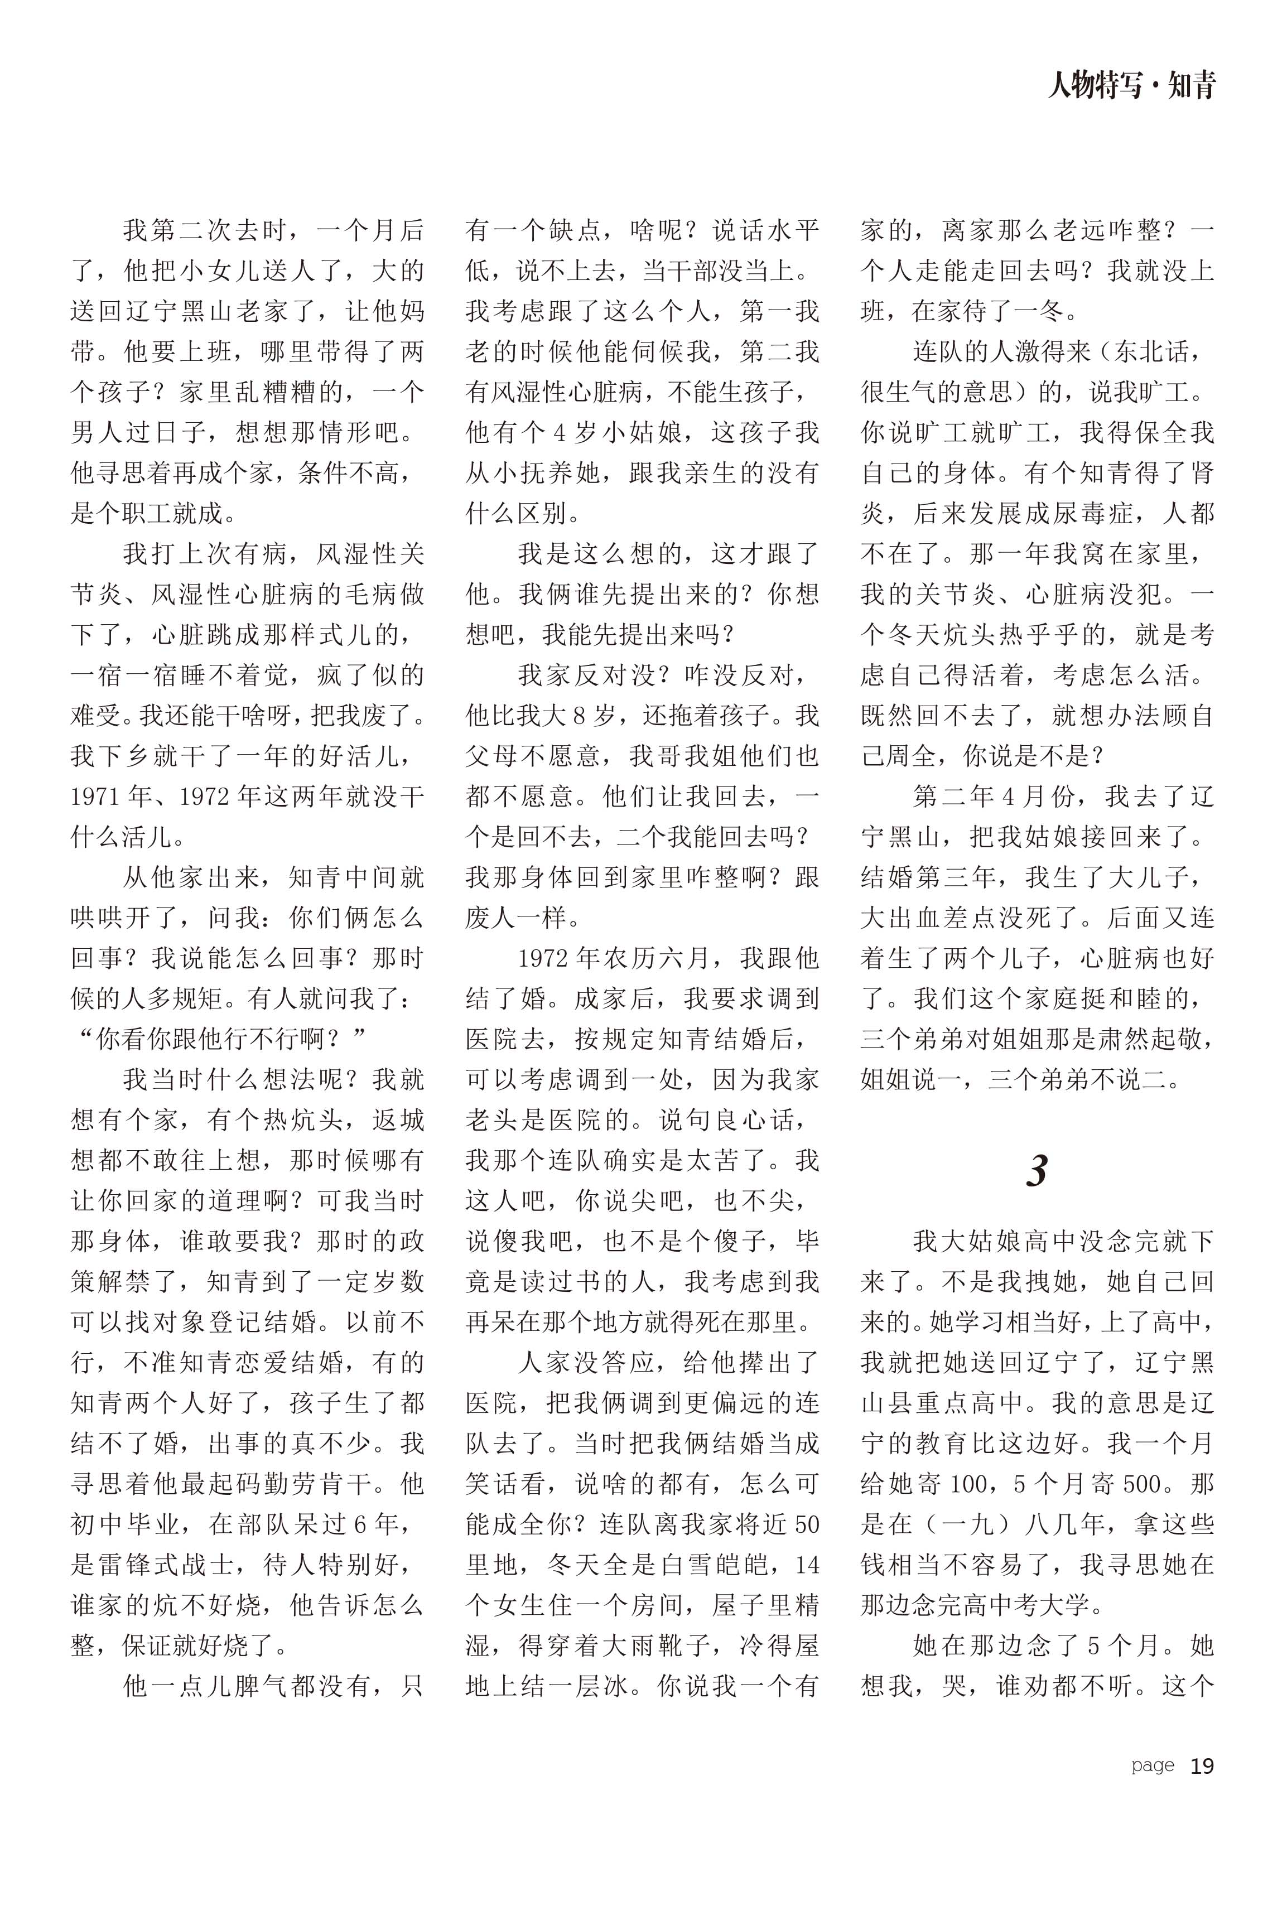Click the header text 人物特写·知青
tap(1131, 85)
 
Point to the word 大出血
tap(900, 918)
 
